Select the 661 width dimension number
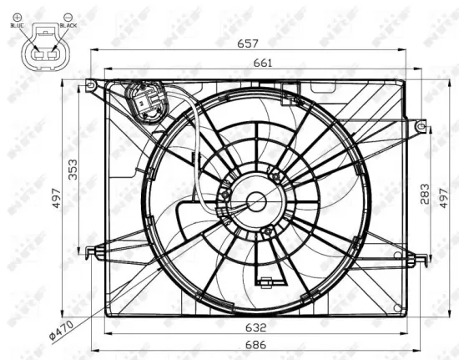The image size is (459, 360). pos(250,63)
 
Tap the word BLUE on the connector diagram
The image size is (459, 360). pos(18,26)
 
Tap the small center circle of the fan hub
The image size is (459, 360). pos(256,200)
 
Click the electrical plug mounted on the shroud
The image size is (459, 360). pos(147,104)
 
